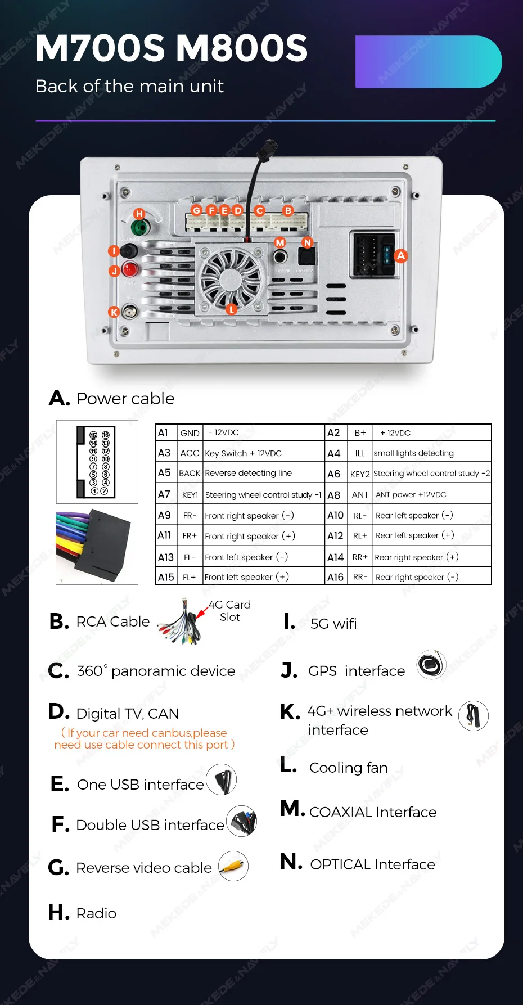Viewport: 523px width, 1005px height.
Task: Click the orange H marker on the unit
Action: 139,214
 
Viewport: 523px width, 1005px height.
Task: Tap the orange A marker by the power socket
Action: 400,256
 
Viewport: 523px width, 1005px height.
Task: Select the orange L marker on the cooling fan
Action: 231,309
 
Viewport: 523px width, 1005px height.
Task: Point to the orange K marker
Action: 114,312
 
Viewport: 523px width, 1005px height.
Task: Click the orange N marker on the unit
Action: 307,242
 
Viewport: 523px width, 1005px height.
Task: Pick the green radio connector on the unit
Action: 140,228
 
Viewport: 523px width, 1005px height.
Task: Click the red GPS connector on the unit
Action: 130,269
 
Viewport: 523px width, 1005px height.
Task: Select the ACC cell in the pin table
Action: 190,453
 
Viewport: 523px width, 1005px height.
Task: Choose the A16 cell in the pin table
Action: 335,577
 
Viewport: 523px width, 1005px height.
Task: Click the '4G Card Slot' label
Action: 229,611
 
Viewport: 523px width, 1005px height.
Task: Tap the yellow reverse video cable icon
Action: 233,867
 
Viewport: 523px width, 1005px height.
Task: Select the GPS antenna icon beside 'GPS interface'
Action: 431,665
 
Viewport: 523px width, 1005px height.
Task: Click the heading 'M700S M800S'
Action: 172,48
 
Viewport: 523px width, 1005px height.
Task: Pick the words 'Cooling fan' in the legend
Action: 349,768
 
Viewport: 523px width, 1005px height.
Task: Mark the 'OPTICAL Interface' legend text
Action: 372,864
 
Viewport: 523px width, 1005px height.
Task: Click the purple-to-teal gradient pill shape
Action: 429,62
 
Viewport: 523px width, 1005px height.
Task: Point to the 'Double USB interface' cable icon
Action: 242,821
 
